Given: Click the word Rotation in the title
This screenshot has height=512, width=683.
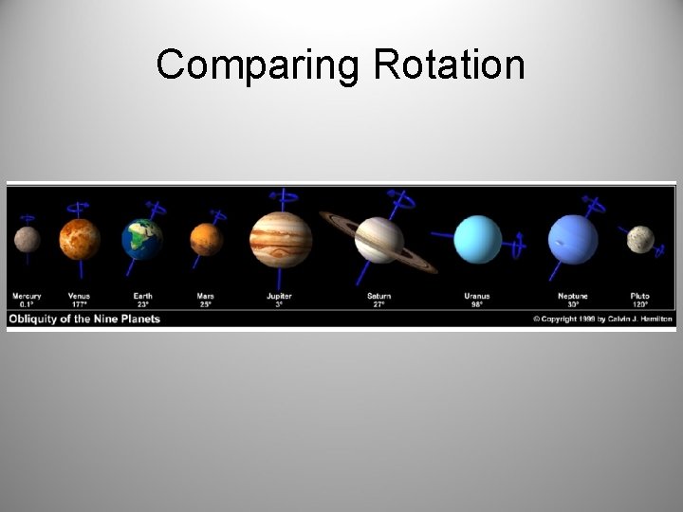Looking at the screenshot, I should (x=449, y=64).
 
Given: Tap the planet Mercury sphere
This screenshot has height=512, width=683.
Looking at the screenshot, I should (x=27, y=239).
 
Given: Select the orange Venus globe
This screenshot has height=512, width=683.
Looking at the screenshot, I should (x=80, y=239).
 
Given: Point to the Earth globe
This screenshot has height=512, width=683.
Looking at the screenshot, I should (x=142, y=239).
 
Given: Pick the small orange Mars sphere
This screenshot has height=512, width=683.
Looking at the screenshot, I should (x=206, y=239).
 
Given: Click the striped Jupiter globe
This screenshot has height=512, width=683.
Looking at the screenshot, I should (x=281, y=239).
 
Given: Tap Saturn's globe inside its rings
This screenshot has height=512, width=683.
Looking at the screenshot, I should (x=378, y=240).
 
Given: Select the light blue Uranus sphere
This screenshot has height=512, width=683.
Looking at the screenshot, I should (x=477, y=239).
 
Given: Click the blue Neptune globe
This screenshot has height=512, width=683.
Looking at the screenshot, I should (x=573, y=239).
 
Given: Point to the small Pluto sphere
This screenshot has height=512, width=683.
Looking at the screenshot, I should (x=640, y=239).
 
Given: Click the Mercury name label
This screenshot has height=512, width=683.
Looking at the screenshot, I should (x=27, y=296).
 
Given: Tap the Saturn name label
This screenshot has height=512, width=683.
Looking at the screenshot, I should (x=378, y=296).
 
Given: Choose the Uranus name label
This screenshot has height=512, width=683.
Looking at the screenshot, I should (x=477, y=296).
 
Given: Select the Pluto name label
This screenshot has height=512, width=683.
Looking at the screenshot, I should (x=640, y=296).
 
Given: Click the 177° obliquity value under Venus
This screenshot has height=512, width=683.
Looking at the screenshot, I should (x=80, y=304).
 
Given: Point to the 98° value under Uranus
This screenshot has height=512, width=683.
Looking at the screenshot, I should (x=477, y=304).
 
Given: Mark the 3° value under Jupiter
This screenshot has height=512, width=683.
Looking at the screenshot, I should (x=279, y=304).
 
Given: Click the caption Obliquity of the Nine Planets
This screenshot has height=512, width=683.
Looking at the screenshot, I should (x=84, y=319).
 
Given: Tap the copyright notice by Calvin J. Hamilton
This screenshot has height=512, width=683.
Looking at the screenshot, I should (x=602, y=319).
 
